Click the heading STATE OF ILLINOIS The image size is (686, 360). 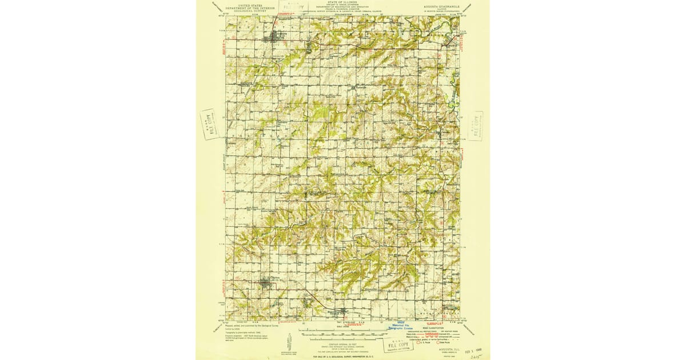(x=342, y=2)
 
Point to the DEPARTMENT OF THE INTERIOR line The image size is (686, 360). (x=250, y=8)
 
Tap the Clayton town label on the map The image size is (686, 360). (x=268, y=277)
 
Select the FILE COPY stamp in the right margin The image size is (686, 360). (x=475, y=126)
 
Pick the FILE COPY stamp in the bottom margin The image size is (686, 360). (x=395, y=345)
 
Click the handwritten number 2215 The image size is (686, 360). (x=474, y=355)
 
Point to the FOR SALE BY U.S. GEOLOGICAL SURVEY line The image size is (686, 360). (x=343, y=357)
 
